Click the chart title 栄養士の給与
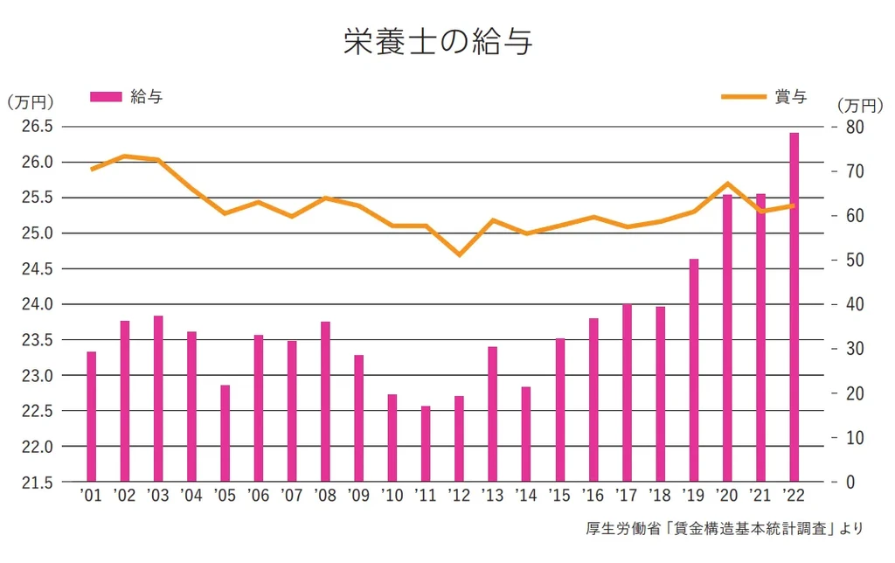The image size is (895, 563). coord(437,41)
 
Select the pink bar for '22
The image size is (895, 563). coord(794,307)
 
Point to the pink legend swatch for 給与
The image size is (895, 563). coord(106,97)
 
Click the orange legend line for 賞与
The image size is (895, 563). coord(743,97)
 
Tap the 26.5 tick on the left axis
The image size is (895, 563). coord(35,127)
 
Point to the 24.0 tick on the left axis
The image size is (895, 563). coord(35,304)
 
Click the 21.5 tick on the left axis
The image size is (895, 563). coord(35,482)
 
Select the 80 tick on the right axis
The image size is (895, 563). coord(854,127)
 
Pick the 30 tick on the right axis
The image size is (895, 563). coord(854,349)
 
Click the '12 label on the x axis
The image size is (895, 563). coord(459,496)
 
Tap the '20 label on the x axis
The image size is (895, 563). coord(726,496)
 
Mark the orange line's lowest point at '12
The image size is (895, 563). coord(459,254)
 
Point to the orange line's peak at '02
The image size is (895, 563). coord(124,156)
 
